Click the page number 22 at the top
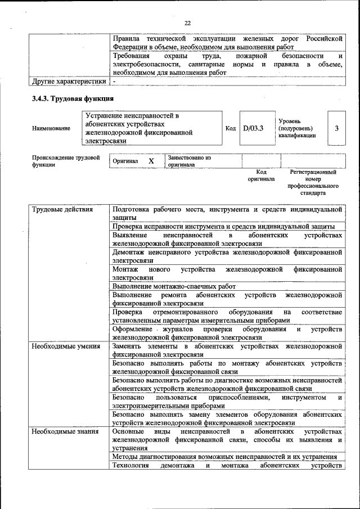pos(187,22)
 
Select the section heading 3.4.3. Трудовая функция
pos(69,99)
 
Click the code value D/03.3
pos(253,128)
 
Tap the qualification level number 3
pos(336,128)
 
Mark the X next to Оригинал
pos(151,161)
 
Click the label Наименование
pos(51,128)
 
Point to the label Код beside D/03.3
pos(230,128)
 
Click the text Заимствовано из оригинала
pos(188,161)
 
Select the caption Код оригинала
pos(261,175)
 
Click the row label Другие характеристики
pos(69,82)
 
